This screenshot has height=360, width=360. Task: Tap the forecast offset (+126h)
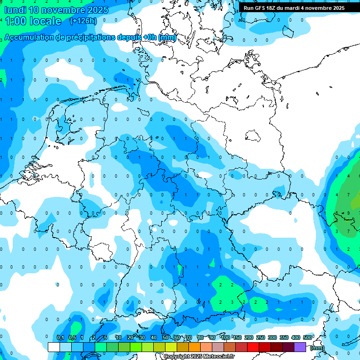coord(83,21)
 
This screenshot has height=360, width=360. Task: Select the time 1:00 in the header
coord(15,21)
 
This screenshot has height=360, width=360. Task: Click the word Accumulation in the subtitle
coord(30,37)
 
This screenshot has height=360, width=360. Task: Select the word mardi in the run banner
coord(295,8)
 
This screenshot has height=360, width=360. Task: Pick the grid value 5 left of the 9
coord(337,213)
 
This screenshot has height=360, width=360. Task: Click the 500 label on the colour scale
coord(307,337)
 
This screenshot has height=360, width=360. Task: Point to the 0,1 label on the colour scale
coord(60,337)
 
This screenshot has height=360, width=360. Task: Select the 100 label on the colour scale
coord(225,337)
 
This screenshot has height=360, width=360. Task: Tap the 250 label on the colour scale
coord(261,337)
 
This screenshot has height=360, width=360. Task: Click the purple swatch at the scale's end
coord(300,347)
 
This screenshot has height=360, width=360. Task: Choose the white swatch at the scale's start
coord(54,347)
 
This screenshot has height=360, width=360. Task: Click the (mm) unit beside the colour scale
coord(317,348)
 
